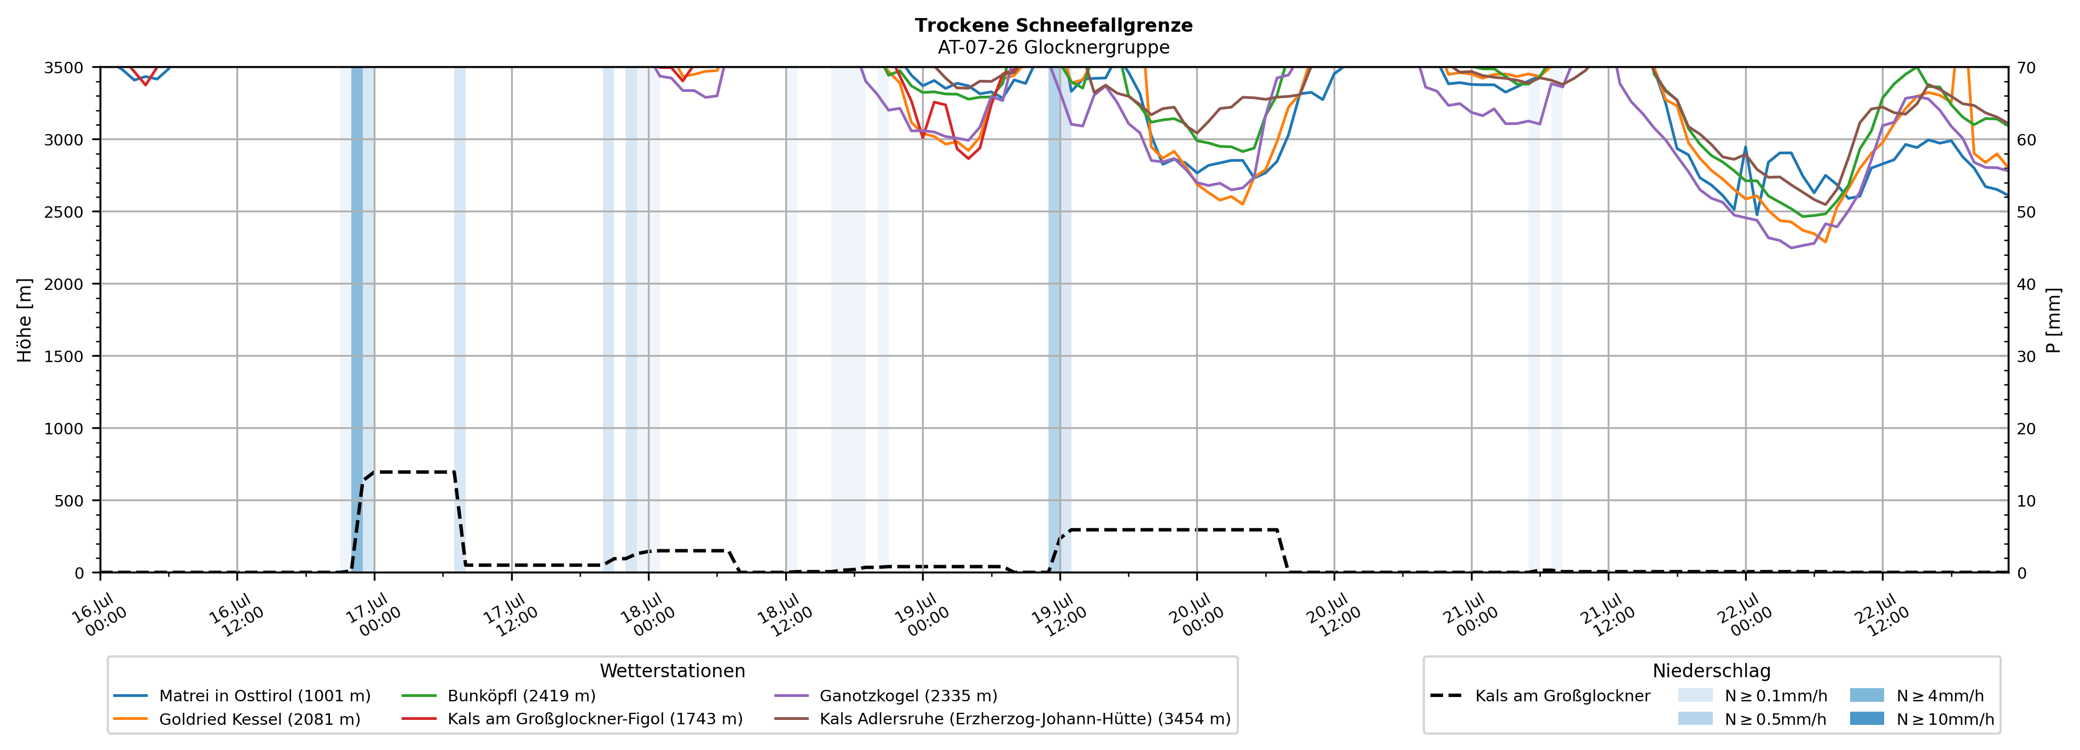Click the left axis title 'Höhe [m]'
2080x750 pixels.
point(24,319)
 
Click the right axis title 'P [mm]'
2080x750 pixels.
point(2053,319)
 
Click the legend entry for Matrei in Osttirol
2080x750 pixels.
point(242,696)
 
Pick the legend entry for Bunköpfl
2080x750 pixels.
point(498,696)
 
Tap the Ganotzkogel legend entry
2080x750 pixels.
point(886,696)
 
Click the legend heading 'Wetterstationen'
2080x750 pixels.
point(673,671)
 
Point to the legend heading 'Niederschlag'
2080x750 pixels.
point(1712,671)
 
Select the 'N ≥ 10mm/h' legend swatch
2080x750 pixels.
point(1867,718)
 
